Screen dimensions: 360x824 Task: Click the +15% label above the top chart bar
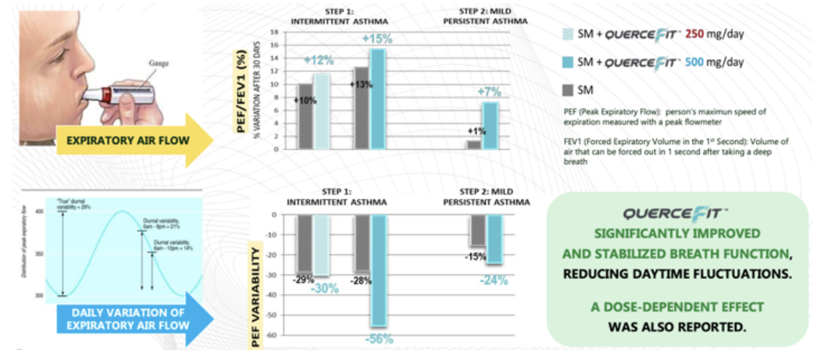click(x=377, y=39)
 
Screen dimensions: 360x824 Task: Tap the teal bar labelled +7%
click(x=489, y=125)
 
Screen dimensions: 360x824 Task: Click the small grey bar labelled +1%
click(x=473, y=144)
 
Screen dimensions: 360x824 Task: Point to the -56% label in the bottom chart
click(x=379, y=339)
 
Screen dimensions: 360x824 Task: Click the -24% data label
click(x=494, y=280)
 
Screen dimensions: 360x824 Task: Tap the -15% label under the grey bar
click(x=475, y=256)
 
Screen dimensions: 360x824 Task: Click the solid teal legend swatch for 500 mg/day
click(x=566, y=62)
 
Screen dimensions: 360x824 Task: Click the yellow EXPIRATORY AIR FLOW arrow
click(x=133, y=141)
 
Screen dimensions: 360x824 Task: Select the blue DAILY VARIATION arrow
click(x=133, y=319)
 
